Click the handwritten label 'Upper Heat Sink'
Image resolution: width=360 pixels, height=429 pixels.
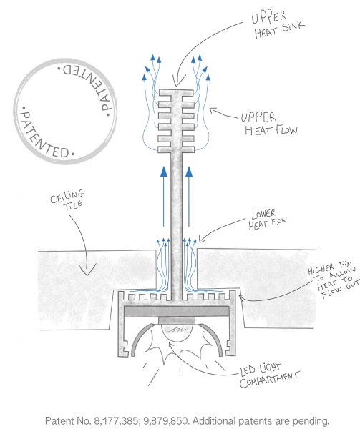(277, 25)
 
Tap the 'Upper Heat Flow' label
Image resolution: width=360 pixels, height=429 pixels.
(269, 124)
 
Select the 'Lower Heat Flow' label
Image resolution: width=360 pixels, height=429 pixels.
(268, 220)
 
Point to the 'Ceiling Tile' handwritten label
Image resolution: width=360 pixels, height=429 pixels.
(67, 199)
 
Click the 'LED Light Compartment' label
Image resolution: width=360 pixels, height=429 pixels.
(269, 375)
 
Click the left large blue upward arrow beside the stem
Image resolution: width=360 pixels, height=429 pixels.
(164, 196)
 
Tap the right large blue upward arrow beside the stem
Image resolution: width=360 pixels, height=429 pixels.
(189, 196)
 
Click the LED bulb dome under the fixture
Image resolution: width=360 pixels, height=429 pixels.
(177, 332)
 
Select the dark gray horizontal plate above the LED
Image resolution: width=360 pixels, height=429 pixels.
(177, 311)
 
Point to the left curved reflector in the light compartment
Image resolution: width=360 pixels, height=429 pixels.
(142, 338)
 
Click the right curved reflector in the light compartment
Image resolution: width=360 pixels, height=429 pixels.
(211, 338)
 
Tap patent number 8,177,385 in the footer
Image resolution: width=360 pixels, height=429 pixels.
(117, 420)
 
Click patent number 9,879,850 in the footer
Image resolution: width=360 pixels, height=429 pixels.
(166, 420)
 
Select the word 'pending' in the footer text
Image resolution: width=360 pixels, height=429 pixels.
(311, 421)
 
